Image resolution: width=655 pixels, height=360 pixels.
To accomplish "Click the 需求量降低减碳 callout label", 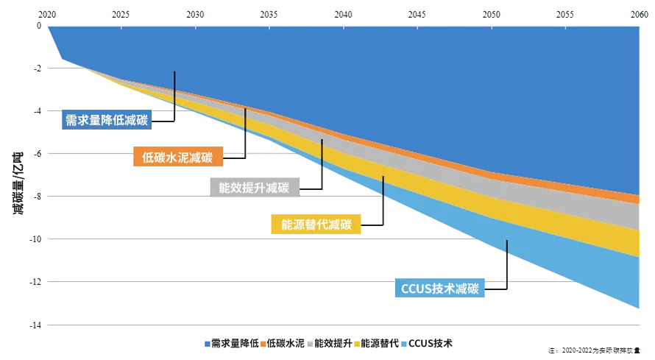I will [x=106, y=119].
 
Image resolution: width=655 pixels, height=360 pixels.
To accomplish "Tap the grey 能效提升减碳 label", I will [x=254, y=187].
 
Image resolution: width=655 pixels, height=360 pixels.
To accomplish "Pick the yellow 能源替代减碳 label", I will [x=316, y=224].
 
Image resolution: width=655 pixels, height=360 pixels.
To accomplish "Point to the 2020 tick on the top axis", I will [x=46, y=14].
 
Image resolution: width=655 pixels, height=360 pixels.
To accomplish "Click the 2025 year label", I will [x=121, y=14].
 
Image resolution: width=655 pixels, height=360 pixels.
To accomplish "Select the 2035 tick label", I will [x=269, y=14].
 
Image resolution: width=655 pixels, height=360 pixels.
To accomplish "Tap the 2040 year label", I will [x=342, y=14].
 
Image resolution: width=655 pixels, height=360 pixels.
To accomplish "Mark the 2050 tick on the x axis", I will [x=490, y=14].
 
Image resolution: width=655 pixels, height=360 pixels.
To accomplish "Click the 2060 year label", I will [x=638, y=14].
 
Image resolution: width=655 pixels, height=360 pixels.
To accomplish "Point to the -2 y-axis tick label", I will [x=38, y=68].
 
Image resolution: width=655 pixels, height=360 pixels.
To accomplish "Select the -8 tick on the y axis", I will [x=38, y=197].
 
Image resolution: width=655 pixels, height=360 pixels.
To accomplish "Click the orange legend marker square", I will [x=262, y=342].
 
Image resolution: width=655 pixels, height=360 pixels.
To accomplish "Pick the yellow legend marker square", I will [x=357, y=342].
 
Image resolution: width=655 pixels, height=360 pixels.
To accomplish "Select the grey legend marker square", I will [x=310, y=342].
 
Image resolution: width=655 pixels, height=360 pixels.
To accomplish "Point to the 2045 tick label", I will [x=416, y=14].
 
